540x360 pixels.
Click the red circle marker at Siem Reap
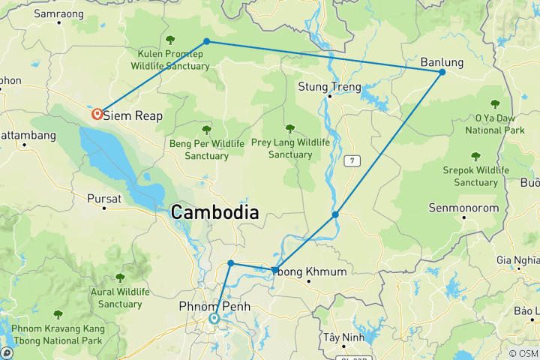coord(97,114)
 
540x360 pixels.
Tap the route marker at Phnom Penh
coord(214,319)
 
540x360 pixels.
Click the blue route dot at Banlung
coord(442,72)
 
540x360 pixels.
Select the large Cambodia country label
coord(214,212)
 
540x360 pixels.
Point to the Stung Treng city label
coord(329,86)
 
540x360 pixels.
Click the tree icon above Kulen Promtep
coord(170,40)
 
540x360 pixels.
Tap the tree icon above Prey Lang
coord(289,129)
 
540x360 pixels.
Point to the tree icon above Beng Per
coord(206,129)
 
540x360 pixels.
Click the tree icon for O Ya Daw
coord(494,103)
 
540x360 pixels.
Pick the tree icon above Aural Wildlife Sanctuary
coord(119,277)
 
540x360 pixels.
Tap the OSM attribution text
coord(523,353)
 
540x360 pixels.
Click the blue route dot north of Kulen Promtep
coord(206,41)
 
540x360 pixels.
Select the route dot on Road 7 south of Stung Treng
coord(335,214)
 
